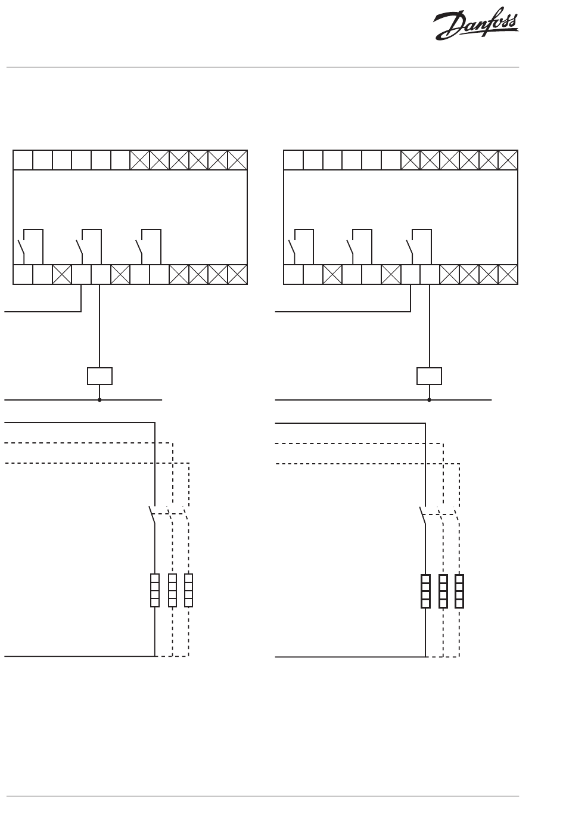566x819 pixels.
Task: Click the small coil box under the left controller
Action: coord(99,376)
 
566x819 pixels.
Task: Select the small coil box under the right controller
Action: coord(429,376)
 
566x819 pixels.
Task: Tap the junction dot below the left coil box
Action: coord(99,400)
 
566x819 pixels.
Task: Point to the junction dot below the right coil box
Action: coord(429,400)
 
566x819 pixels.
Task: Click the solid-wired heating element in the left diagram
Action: coord(155,590)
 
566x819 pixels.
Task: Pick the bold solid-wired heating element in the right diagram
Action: coord(425,591)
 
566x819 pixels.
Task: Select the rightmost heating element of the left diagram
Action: coord(189,590)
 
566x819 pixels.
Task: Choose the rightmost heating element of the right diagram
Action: coord(459,591)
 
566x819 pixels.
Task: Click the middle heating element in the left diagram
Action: coord(172,590)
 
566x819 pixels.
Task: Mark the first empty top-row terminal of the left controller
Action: coord(23,160)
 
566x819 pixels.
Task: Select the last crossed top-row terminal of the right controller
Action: coord(508,160)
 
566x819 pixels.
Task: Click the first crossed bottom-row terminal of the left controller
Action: coord(62,275)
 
